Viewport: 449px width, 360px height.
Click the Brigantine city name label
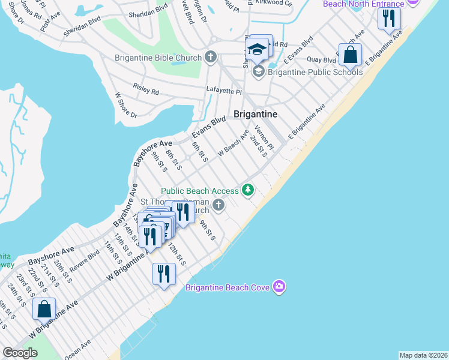pos(255,114)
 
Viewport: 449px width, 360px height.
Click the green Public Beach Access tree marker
pos(248,191)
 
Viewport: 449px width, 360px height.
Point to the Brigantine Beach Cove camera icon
pos(279,287)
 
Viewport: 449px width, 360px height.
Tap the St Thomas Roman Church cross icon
pos(218,206)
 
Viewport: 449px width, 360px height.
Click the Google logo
pos(20,353)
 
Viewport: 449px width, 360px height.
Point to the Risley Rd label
pos(146,92)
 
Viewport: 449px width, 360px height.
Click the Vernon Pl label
pos(264,137)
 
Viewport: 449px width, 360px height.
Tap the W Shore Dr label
pos(126,105)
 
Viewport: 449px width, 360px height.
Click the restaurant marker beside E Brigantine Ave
pos(390,18)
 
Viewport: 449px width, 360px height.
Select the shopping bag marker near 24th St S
pos(44,309)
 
